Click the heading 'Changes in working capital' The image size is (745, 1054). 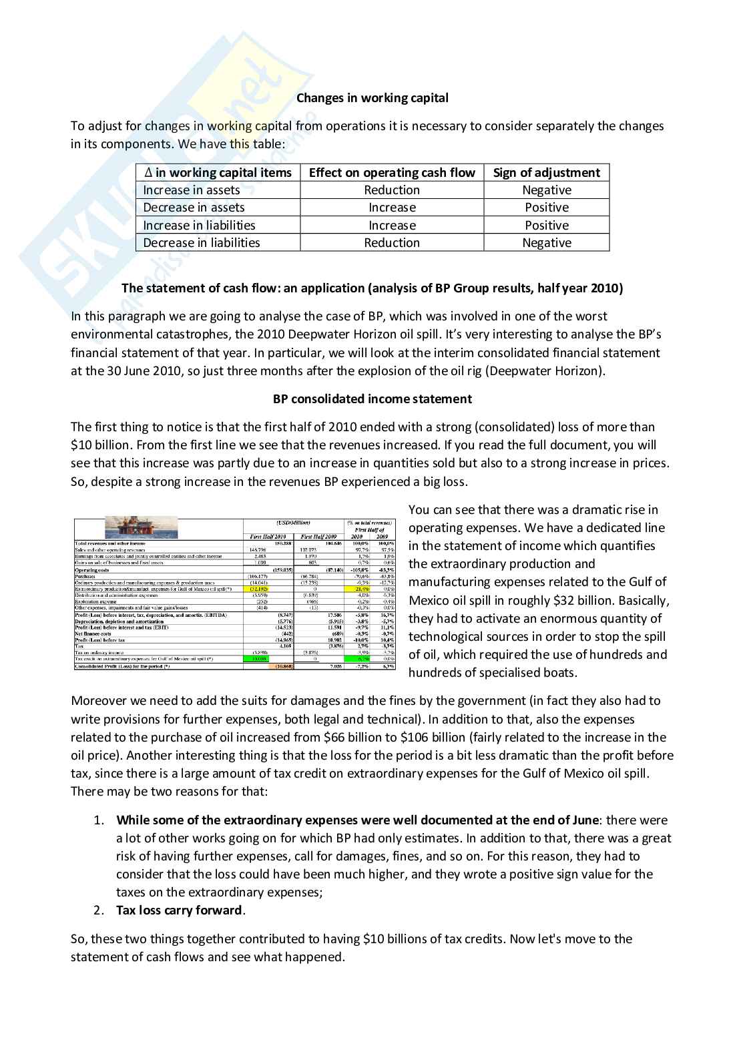372,98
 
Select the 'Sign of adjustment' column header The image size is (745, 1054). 546,173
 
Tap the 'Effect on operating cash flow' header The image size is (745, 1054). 392,173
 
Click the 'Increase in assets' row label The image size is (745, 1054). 191,190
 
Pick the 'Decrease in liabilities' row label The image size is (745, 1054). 201,243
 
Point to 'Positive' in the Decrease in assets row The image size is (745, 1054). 546,208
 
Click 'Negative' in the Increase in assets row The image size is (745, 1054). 546,190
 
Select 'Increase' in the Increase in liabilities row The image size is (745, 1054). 392,226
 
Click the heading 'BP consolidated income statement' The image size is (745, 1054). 372,399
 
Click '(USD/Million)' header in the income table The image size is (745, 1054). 293,523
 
